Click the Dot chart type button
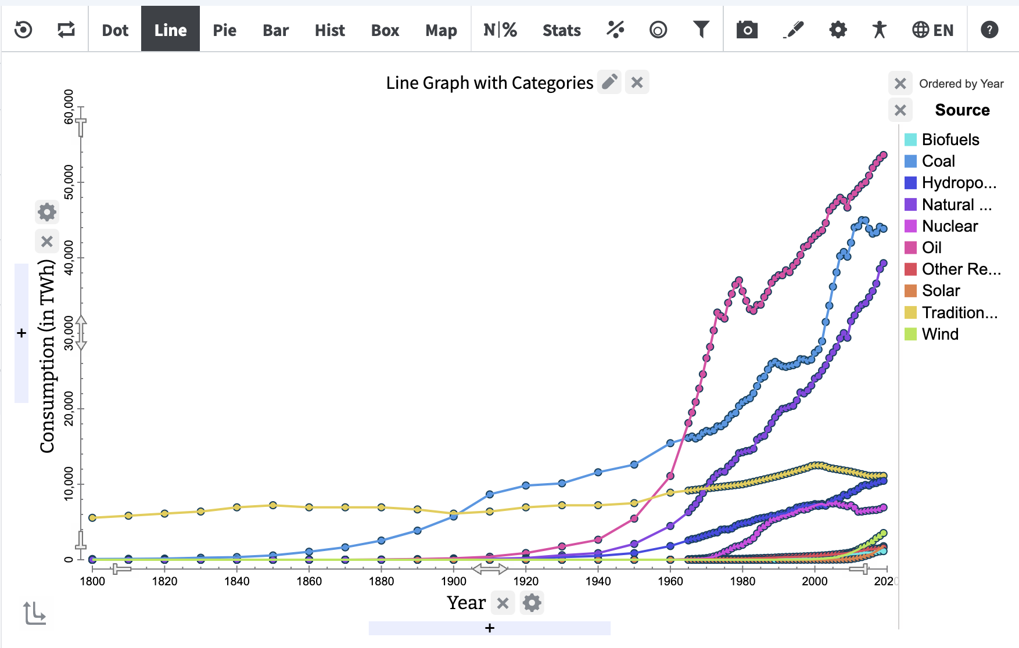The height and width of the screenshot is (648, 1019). click(x=115, y=30)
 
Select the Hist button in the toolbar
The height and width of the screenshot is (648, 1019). click(x=329, y=30)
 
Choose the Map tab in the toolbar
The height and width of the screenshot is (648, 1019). click(x=441, y=30)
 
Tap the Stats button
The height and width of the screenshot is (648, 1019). click(x=561, y=30)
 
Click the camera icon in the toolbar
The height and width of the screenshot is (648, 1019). click(x=747, y=30)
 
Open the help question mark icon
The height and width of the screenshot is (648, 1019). click(x=989, y=30)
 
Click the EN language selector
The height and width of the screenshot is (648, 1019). click(x=933, y=30)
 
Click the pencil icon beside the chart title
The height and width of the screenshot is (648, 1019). click(x=609, y=82)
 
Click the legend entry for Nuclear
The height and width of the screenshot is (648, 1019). click(x=949, y=226)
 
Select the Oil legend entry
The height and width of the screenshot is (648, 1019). click(x=931, y=247)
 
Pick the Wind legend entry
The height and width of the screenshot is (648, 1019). click(x=939, y=334)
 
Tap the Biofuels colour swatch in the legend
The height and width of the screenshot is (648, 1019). click(x=910, y=139)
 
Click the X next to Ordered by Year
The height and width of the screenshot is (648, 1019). click(x=900, y=84)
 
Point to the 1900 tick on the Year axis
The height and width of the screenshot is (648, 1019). click(x=453, y=581)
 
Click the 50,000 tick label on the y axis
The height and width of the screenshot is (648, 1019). click(x=69, y=182)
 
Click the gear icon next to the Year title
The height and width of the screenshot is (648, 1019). click(x=532, y=603)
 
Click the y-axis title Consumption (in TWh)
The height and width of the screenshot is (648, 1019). click(x=47, y=355)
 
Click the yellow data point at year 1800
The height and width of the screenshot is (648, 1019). click(x=92, y=517)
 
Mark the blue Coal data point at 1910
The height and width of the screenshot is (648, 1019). click(x=490, y=494)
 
